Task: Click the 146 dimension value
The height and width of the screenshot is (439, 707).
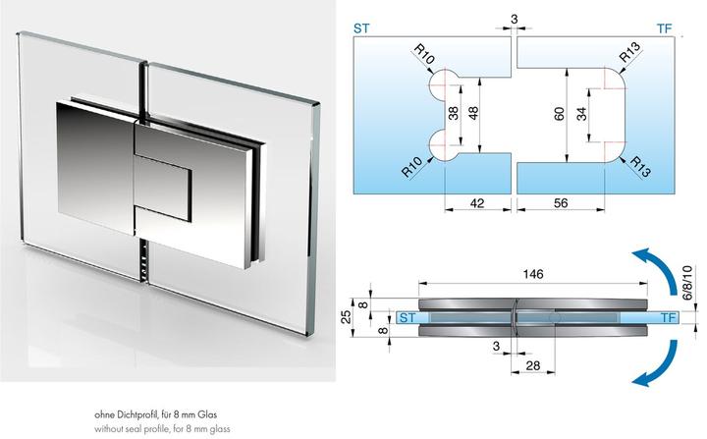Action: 533,274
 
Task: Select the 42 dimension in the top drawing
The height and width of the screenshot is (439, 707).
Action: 477,203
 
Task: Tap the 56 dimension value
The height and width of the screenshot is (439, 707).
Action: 561,203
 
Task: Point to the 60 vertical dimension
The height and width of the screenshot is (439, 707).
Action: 559,114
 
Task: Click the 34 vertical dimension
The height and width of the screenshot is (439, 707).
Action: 582,114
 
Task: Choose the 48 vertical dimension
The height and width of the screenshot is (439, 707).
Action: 473,114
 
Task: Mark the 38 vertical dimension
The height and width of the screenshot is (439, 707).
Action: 453,114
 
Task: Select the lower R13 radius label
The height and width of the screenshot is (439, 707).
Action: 640,166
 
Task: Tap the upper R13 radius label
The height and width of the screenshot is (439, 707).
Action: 629,52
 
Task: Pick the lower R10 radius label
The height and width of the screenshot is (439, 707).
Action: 411,167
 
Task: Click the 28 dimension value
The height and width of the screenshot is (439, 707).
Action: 533,365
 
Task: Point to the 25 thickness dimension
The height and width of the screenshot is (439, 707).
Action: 346,317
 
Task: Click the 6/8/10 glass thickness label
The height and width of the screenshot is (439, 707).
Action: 687,284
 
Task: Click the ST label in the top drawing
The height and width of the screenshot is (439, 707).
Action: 361,28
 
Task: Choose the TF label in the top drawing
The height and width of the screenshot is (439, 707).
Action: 665,28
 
